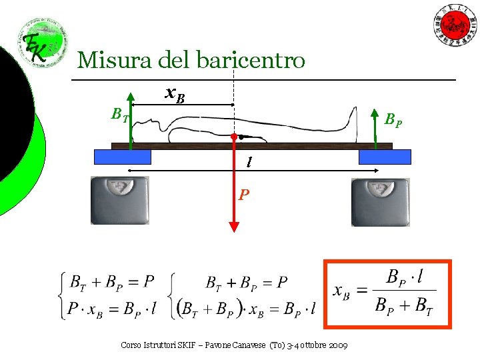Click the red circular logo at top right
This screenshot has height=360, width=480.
tap(456, 25)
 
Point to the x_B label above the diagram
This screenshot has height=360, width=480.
tap(175, 96)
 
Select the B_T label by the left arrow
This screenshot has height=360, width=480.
tap(120, 115)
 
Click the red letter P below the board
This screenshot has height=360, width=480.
tap(245, 195)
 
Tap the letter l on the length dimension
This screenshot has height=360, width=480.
tap(249, 162)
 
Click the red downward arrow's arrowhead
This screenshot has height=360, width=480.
tap(234, 225)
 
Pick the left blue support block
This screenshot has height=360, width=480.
tap(123, 157)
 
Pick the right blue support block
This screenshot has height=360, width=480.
tap(385, 157)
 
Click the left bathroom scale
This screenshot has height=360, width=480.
tap(120, 200)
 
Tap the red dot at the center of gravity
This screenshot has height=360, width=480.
tap(234, 138)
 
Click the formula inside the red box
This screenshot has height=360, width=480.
tap(386, 293)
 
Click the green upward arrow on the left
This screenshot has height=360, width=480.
tap(131, 120)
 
